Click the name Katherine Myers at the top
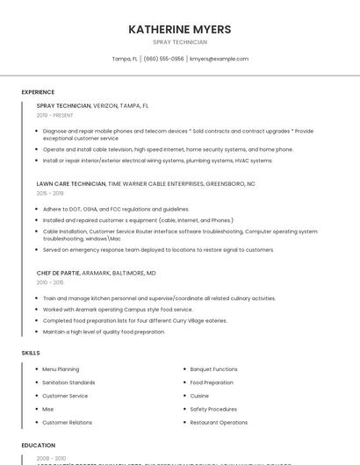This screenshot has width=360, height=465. [x=180, y=29]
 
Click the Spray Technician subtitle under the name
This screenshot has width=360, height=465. [x=180, y=42]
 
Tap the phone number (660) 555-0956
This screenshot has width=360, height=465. [x=163, y=59]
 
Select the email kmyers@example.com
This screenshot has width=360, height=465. [x=220, y=59]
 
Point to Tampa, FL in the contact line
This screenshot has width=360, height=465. [x=125, y=59]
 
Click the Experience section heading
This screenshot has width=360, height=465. [x=38, y=92]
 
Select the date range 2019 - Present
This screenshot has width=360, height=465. [x=55, y=115]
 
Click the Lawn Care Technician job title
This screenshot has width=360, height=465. [x=71, y=184]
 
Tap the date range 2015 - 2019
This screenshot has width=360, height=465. [x=50, y=193]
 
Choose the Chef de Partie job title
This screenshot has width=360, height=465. [x=62, y=273]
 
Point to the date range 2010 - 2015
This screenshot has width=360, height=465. [x=50, y=283]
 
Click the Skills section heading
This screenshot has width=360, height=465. [x=31, y=353]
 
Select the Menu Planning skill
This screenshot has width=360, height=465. [x=61, y=369]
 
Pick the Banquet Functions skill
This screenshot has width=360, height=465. [x=213, y=369]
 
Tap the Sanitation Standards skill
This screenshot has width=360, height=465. [x=68, y=383]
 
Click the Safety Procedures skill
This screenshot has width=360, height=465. [x=213, y=409]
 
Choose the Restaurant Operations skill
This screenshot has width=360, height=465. [x=219, y=422]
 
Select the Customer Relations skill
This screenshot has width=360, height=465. [x=68, y=422]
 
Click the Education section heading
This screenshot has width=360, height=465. [x=39, y=445]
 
